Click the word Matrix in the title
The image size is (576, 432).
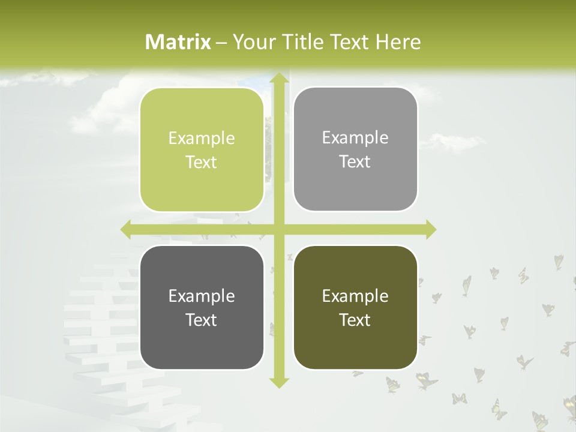pos(178,42)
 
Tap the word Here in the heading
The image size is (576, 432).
pos(398,42)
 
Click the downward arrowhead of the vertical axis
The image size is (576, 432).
pos(279,382)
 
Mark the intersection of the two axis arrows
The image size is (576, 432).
pos(279,229)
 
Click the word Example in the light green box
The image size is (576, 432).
pos(202,139)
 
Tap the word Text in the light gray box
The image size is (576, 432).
pos(355,162)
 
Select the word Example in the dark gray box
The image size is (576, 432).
pos(202,296)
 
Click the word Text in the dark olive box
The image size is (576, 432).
pos(355,320)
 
